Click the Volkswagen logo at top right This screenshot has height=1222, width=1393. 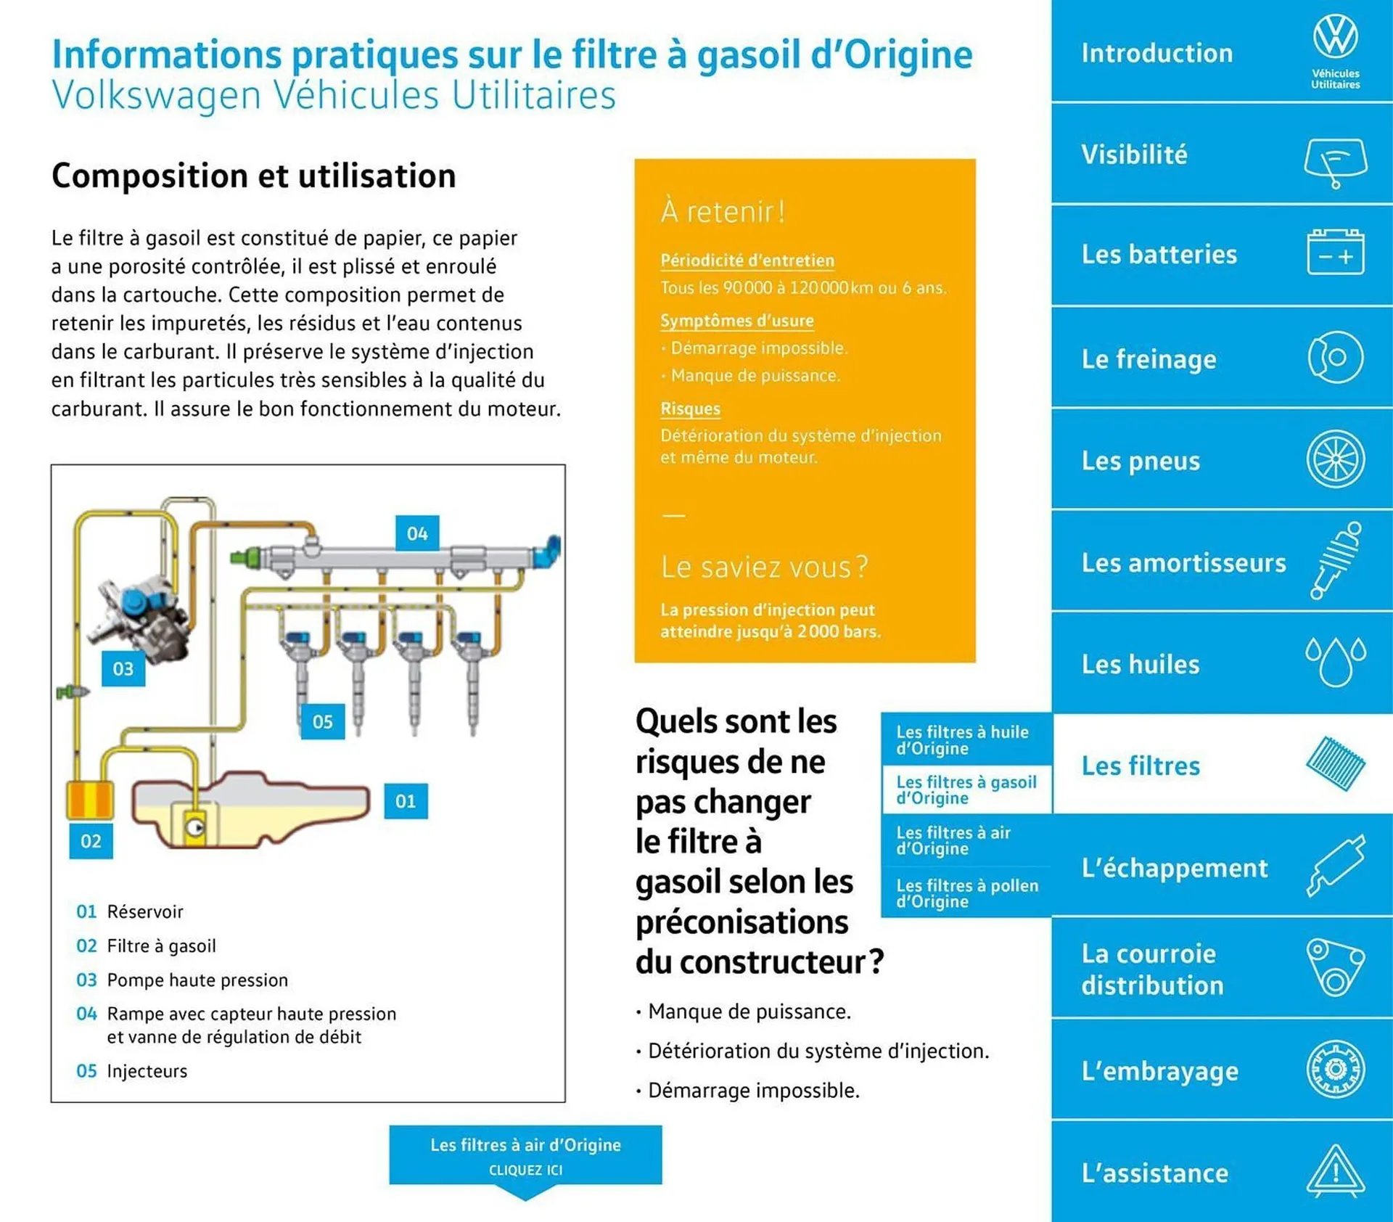[x=1335, y=38]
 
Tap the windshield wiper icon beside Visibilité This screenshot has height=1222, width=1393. [x=1335, y=161]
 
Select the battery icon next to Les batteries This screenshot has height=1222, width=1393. [x=1335, y=253]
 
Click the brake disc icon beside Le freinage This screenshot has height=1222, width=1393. [x=1335, y=357]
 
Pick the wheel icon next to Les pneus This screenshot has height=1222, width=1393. [x=1335, y=459]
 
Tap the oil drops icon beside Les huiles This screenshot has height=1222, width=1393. [x=1335, y=660]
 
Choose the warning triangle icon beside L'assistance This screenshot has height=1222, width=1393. [x=1335, y=1170]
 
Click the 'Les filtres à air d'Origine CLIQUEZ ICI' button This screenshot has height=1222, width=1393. [x=525, y=1155]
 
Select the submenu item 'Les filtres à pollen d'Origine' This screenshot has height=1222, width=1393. [x=966, y=893]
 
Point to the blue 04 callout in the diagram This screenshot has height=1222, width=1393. [x=416, y=534]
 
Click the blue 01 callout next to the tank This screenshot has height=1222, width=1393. [x=406, y=801]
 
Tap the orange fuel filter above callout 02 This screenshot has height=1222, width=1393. [x=90, y=800]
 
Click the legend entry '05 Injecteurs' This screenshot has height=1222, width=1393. [x=132, y=1071]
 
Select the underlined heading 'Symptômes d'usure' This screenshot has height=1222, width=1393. [x=736, y=321]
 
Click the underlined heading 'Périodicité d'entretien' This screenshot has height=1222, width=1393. [x=747, y=261]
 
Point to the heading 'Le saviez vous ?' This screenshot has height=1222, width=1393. [x=763, y=567]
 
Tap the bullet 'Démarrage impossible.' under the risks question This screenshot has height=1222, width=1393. [x=753, y=1091]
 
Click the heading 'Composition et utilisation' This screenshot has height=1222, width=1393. [x=253, y=176]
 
